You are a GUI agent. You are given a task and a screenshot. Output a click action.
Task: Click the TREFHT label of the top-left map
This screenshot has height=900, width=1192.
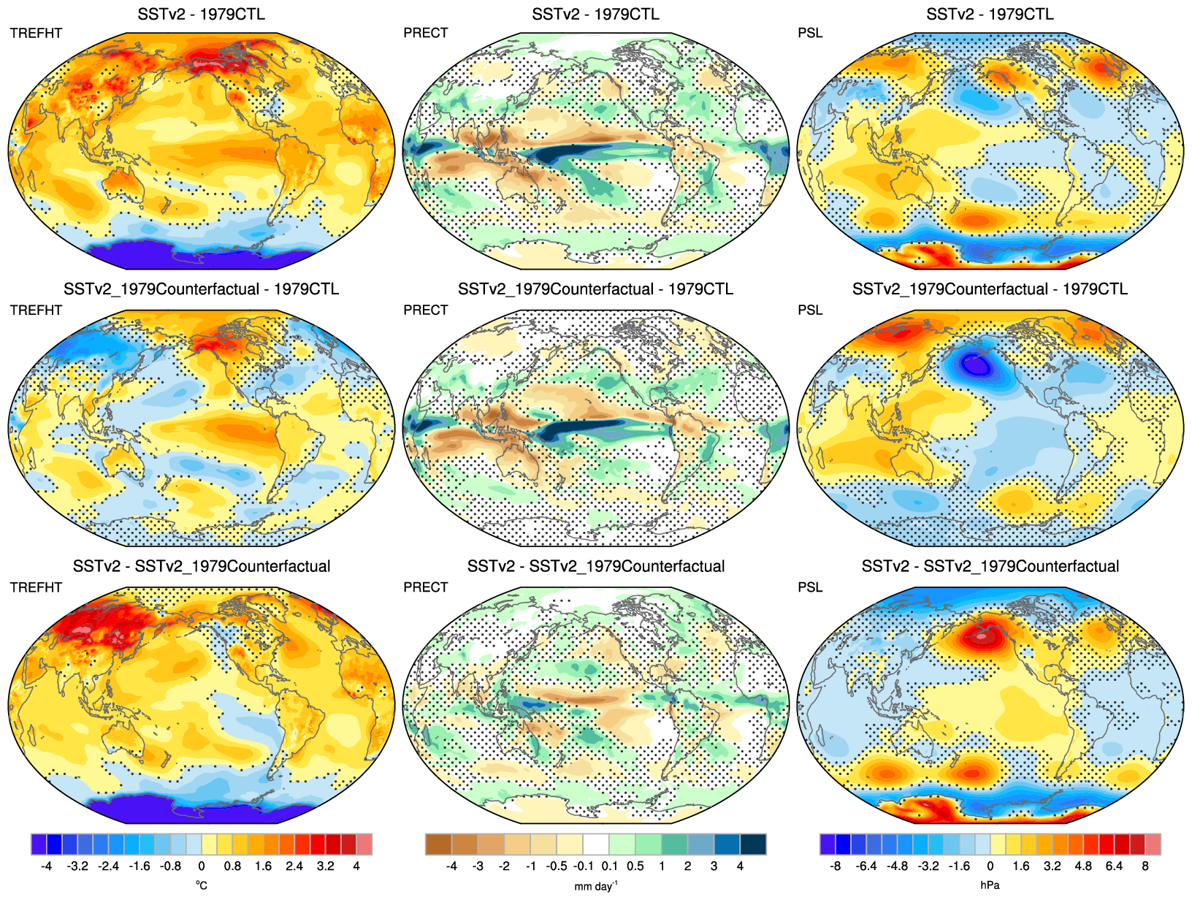[x=36, y=33]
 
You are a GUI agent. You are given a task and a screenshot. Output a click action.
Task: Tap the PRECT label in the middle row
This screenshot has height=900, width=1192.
[x=425, y=310]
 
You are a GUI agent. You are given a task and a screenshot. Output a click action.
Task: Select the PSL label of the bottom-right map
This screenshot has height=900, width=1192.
[x=810, y=587]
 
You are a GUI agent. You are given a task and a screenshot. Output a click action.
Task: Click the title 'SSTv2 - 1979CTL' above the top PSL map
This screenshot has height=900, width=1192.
[x=990, y=14]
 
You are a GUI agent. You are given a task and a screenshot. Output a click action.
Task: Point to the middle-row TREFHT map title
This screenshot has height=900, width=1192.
[x=201, y=289]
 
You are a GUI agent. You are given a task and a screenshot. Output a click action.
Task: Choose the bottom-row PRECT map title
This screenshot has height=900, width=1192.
[x=596, y=566]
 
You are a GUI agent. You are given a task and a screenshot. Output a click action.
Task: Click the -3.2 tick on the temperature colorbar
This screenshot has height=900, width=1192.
[x=77, y=866]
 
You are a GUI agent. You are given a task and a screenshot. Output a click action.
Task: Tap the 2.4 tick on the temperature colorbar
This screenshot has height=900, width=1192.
[x=294, y=866]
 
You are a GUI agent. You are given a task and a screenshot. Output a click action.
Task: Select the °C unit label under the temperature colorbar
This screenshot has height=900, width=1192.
[x=202, y=885]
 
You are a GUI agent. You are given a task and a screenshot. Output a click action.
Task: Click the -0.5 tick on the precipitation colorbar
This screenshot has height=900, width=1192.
[x=557, y=866]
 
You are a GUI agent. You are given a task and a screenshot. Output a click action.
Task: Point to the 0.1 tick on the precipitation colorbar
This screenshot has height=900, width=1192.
[x=609, y=866]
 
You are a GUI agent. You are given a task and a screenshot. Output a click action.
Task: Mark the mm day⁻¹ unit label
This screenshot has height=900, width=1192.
[x=595, y=885]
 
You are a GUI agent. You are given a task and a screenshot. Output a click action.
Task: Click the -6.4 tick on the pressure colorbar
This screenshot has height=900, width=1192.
[x=866, y=866]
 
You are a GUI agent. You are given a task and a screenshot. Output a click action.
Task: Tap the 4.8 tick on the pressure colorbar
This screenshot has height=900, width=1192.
[x=1083, y=866]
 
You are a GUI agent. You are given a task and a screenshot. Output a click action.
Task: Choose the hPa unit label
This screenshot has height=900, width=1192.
[x=990, y=885]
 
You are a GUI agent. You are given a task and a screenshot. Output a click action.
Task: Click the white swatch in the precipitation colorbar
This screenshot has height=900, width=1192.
[x=596, y=844]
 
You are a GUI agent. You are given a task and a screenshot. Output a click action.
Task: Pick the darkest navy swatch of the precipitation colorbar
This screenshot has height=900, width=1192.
[x=753, y=844]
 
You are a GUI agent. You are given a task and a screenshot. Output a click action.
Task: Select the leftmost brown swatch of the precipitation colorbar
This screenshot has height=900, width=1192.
[x=438, y=844]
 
